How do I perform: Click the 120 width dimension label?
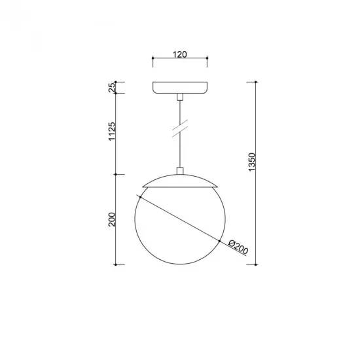click(181, 54)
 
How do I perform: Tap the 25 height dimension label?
click(112, 87)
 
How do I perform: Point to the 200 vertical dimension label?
click(112, 220)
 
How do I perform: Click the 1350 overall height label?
click(252, 164)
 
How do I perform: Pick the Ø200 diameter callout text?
click(238, 247)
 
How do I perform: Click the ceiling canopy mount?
click(180, 88)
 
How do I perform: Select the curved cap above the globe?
click(180, 181)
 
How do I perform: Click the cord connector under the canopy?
click(180, 97)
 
